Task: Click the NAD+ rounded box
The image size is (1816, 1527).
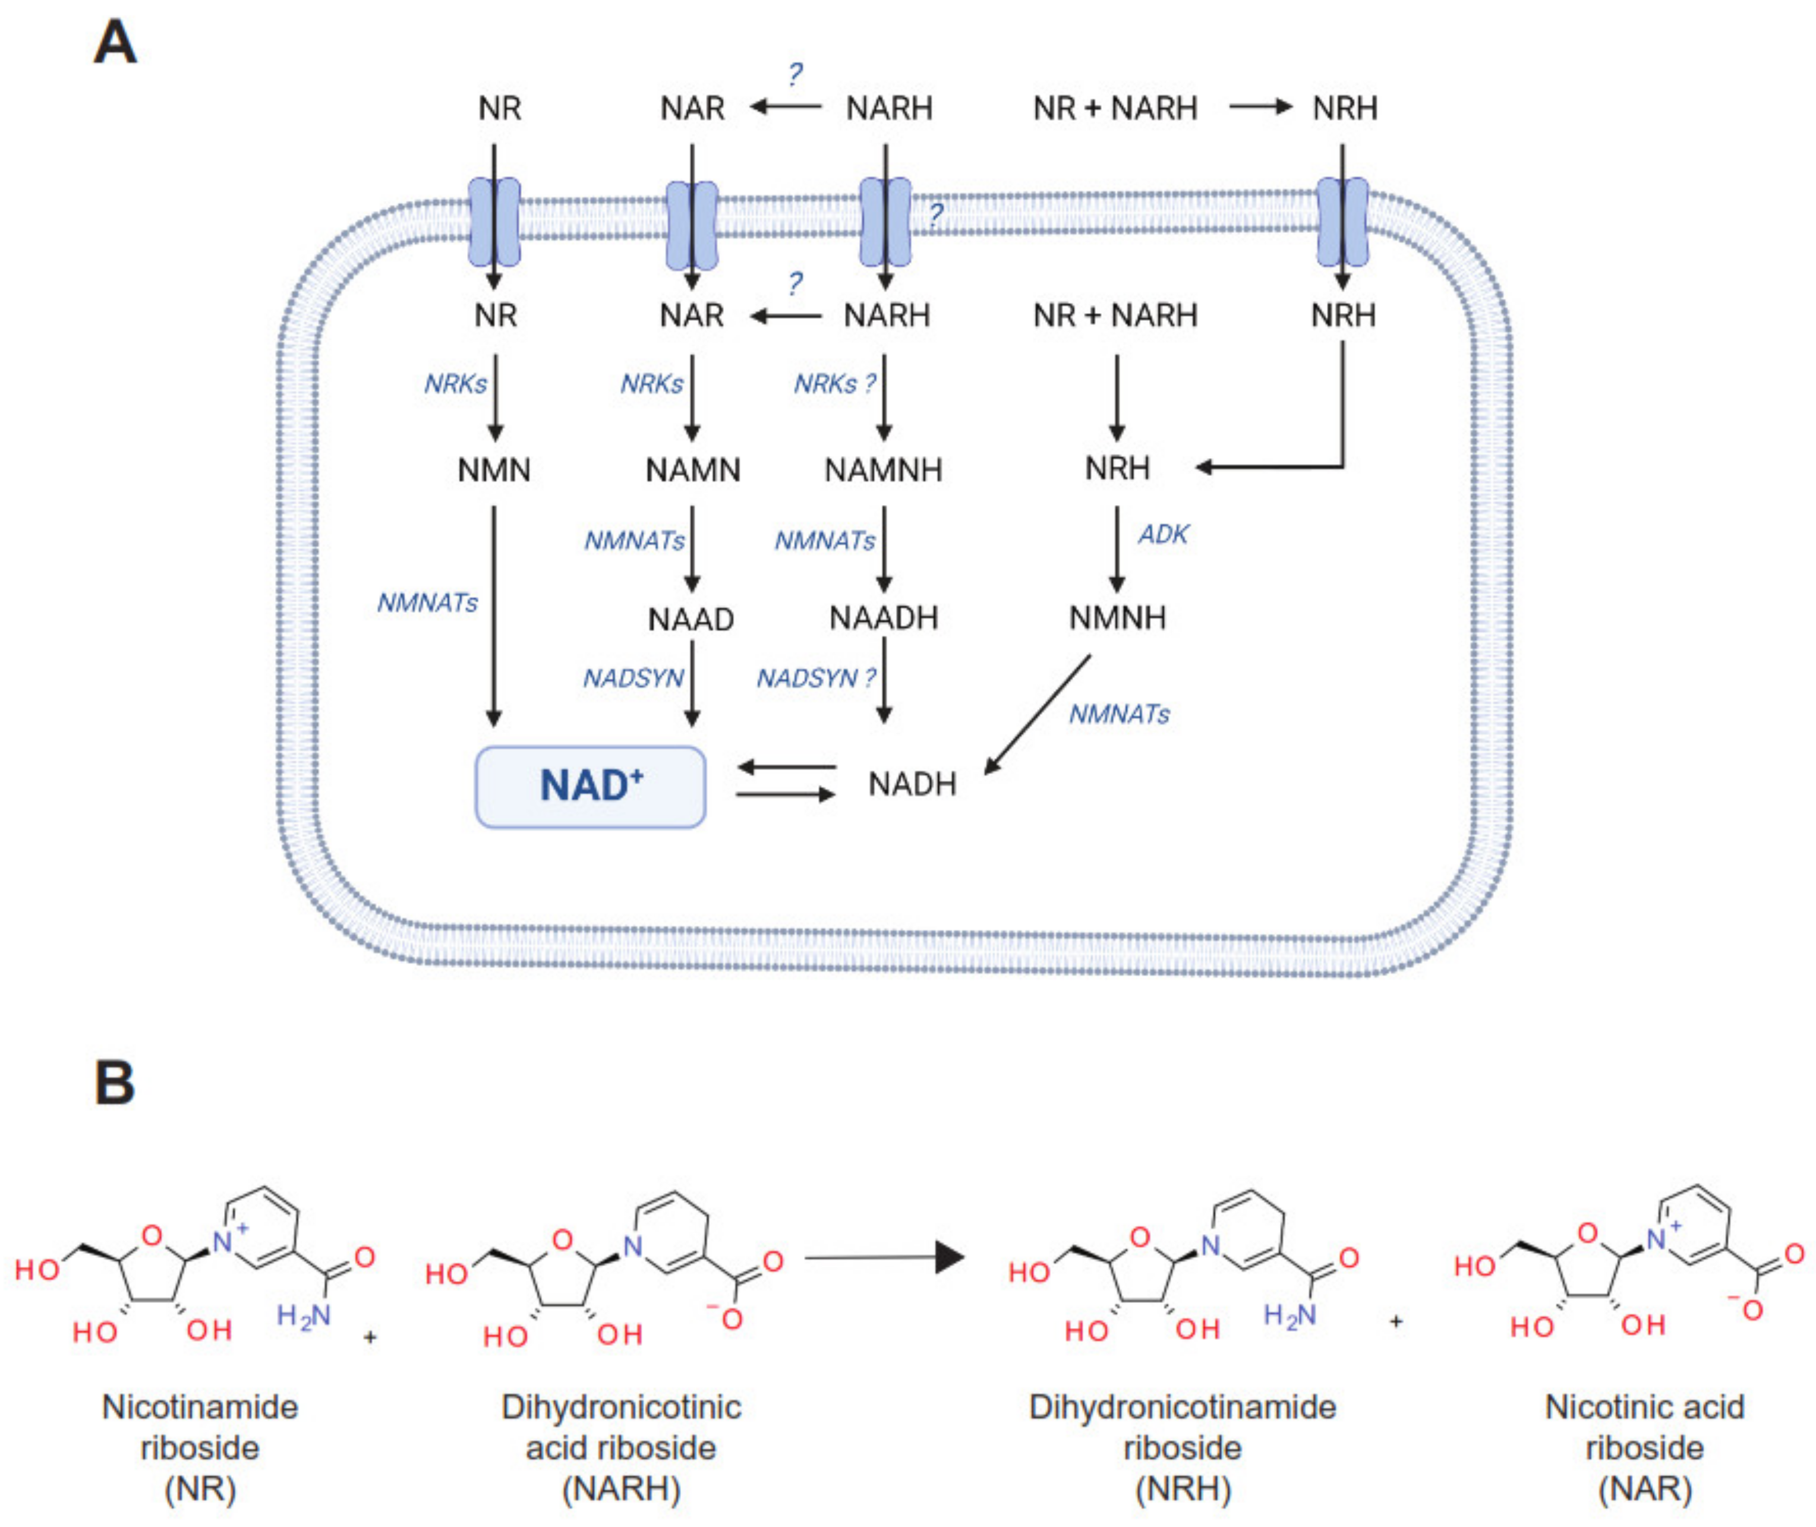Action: pos(590,786)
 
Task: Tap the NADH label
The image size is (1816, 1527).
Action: pos(912,784)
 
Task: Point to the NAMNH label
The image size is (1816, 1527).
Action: pos(883,470)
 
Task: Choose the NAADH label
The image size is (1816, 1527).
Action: pos(883,618)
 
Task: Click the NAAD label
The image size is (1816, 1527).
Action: pos(691,620)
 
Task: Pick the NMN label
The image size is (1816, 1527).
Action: pos(493,470)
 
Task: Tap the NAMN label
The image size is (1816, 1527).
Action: pos(692,470)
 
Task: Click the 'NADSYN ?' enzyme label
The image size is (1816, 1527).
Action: pos(815,678)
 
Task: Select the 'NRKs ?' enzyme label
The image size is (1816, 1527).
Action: pos(834,383)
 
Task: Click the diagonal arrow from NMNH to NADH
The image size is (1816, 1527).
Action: pos(1037,714)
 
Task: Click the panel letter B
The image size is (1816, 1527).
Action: pos(115,1083)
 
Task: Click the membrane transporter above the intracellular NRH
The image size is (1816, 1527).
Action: pos(1342,222)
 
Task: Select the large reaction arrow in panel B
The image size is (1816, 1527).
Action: pos(883,1257)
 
